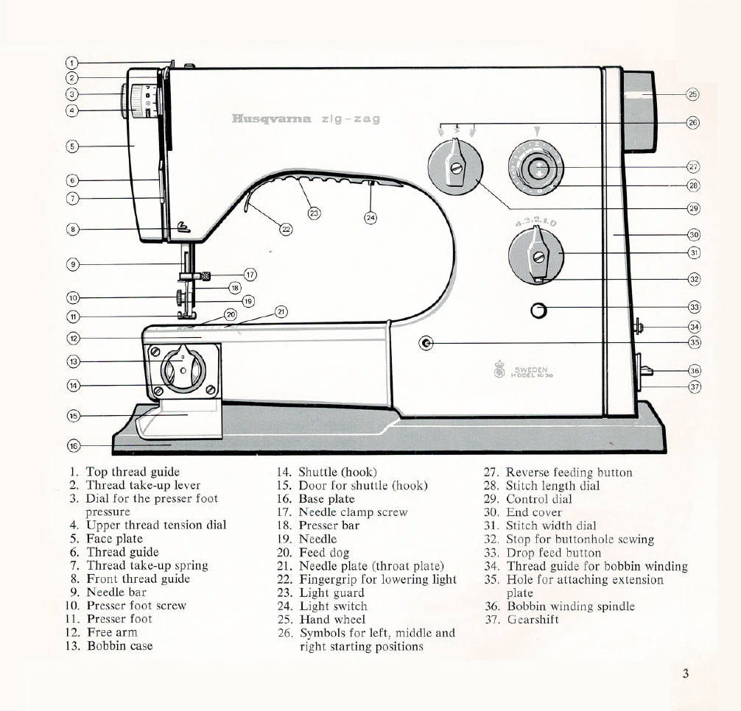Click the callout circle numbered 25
pyautogui.click(x=692, y=94)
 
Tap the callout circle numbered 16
pyautogui.click(x=73, y=445)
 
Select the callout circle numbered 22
pyautogui.click(x=286, y=229)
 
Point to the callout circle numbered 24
pyautogui.click(x=370, y=217)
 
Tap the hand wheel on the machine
pyautogui.click(x=639, y=110)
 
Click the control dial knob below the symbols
pyautogui.click(x=456, y=169)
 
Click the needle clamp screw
pyautogui.click(x=206, y=276)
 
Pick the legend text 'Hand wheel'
pyautogui.click(x=331, y=619)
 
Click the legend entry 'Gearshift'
pyautogui.click(x=533, y=619)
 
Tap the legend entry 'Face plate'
pyautogui.click(x=114, y=539)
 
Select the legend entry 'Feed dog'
pyautogui.click(x=323, y=552)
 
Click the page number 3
pyautogui.click(x=685, y=673)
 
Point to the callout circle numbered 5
pyautogui.click(x=72, y=146)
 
